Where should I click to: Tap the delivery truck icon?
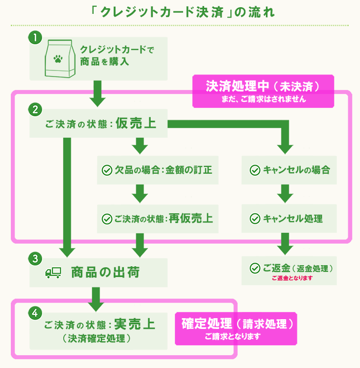(x=53, y=273)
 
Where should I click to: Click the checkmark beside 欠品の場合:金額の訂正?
(x=107, y=170)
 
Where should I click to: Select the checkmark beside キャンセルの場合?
(x=254, y=170)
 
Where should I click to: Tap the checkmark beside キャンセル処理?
(x=254, y=218)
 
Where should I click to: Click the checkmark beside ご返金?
(x=254, y=268)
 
